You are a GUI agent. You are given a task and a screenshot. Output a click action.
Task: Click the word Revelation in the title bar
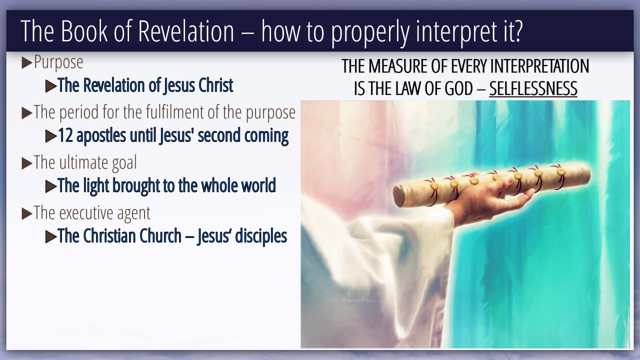[186, 31]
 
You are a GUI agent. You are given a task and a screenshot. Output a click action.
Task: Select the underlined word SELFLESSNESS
[533, 88]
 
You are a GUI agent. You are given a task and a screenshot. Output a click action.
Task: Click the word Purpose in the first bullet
[58, 62]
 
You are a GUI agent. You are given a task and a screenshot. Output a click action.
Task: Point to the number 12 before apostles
[65, 135]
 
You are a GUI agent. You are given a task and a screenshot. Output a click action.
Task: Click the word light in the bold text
[96, 186]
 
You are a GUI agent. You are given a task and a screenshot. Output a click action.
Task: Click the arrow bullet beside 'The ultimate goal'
[27, 163]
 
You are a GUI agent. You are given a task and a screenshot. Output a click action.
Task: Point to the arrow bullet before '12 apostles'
[51, 136]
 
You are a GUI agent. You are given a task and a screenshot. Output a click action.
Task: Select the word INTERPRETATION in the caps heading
[539, 66]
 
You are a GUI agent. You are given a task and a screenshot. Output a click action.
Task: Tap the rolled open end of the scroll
[399, 196]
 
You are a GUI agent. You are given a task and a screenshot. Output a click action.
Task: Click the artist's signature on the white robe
[358, 300]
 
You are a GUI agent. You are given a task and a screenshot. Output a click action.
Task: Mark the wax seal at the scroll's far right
[561, 171]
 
